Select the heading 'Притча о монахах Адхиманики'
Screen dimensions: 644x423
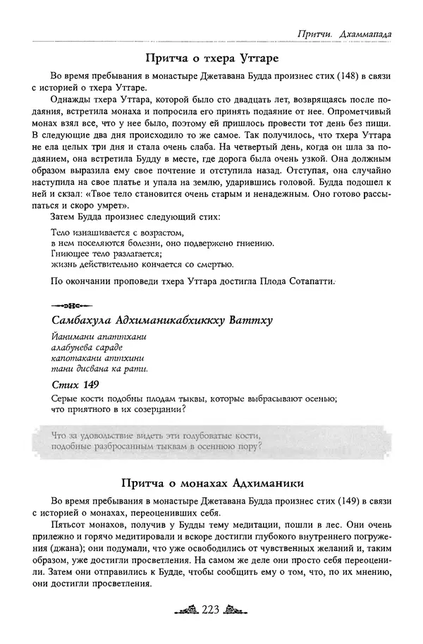(x=211, y=484)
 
